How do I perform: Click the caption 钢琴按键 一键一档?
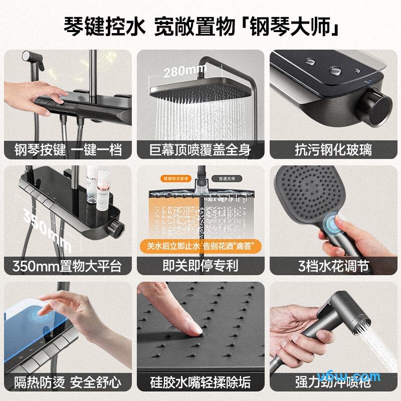(x=67, y=149)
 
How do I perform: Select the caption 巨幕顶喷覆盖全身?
(x=200, y=149)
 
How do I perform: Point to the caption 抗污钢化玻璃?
(x=333, y=149)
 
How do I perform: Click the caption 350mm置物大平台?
(x=67, y=265)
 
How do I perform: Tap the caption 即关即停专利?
(x=200, y=265)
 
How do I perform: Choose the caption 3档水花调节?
(x=333, y=265)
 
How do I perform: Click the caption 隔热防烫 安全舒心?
(x=67, y=382)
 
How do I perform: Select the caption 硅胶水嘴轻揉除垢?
(x=200, y=382)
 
